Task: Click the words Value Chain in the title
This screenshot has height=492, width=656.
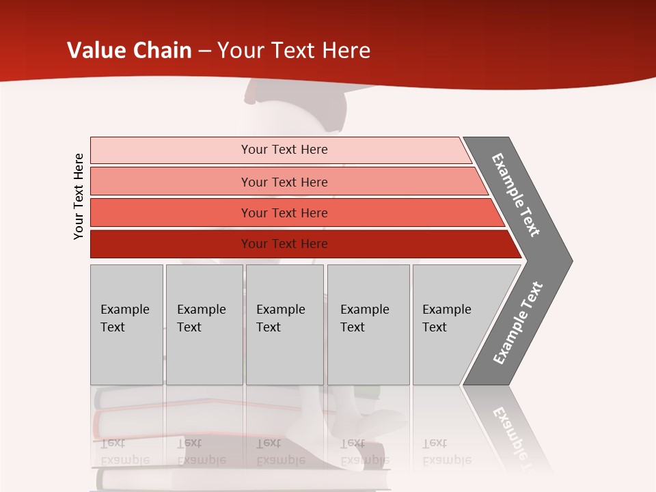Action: click(x=129, y=50)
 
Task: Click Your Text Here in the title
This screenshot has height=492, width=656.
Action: click(x=294, y=50)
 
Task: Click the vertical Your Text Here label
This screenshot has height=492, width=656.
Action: click(x=79, y=196)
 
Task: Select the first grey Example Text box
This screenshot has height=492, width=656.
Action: click(x=126, y=325)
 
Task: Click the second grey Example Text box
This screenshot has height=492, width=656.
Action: click(x=204, y=325)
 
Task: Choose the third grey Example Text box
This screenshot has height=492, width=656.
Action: click(x=284, y=325)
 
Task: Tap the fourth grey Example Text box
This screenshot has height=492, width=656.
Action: click(x=368, y=325)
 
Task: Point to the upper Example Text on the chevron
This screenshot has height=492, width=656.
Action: click(x=516, y=195)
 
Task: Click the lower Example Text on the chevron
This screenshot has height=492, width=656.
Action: click(x=517, y=323)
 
